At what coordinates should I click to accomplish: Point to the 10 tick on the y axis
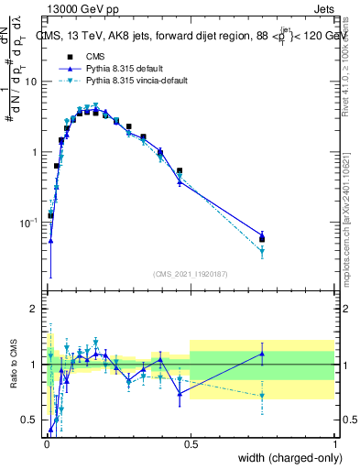click(x=32, y=82)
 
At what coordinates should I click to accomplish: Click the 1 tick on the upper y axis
click(x=36, y=152)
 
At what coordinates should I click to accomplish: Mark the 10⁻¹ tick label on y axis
click(x=29, y=223)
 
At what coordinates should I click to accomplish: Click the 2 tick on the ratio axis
click(x=35, y=310)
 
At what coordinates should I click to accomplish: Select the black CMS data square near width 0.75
click(x=262, y=239)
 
